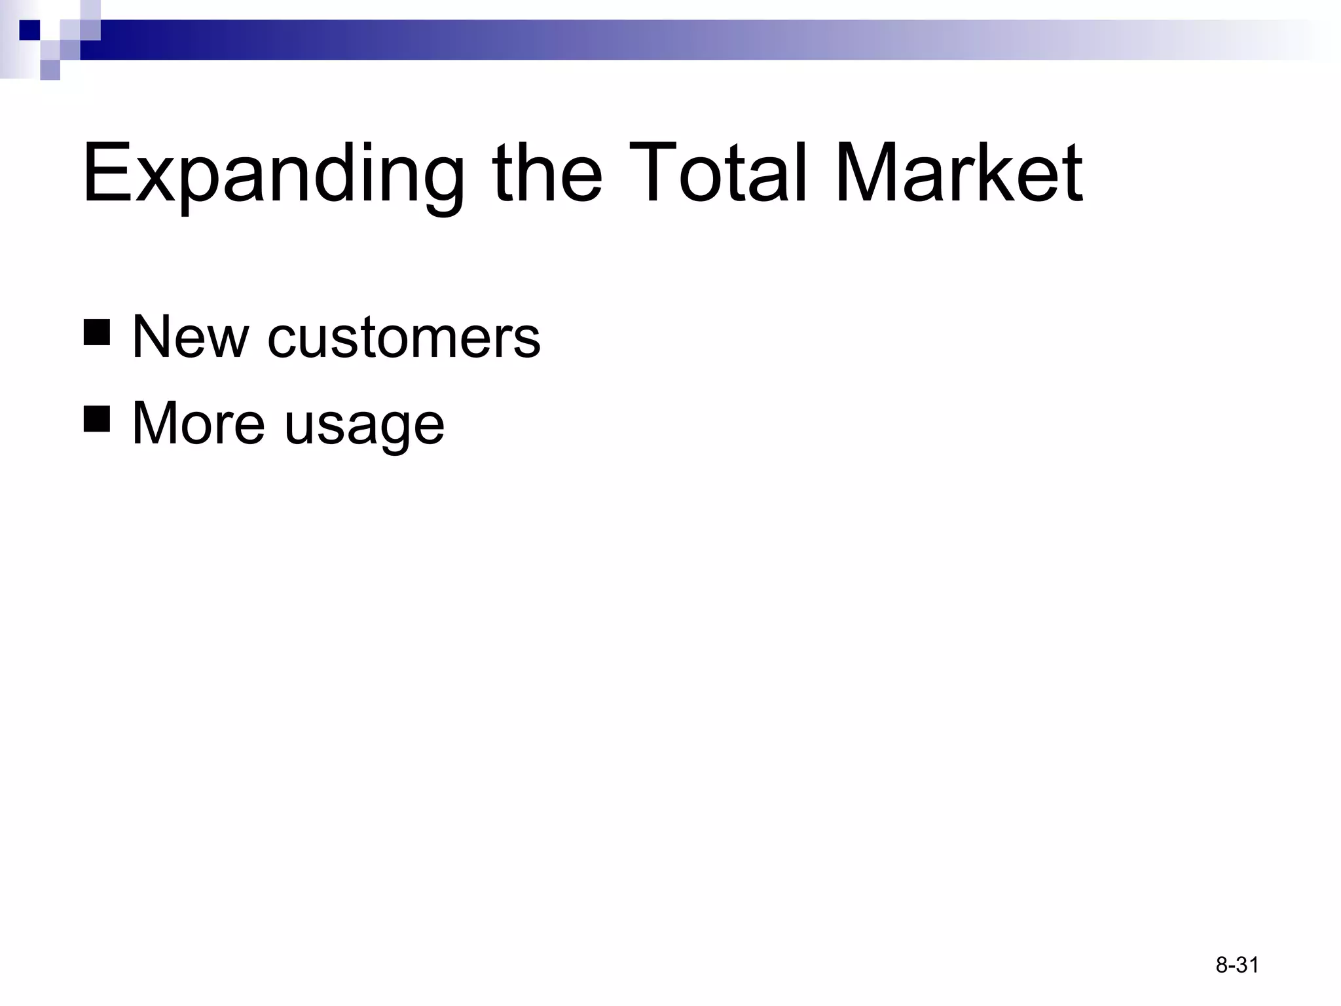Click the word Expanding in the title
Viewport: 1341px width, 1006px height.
272,176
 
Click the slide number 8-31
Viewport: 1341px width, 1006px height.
1237,965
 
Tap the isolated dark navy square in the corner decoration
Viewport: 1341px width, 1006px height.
29,30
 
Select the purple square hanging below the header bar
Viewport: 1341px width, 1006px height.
50,69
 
